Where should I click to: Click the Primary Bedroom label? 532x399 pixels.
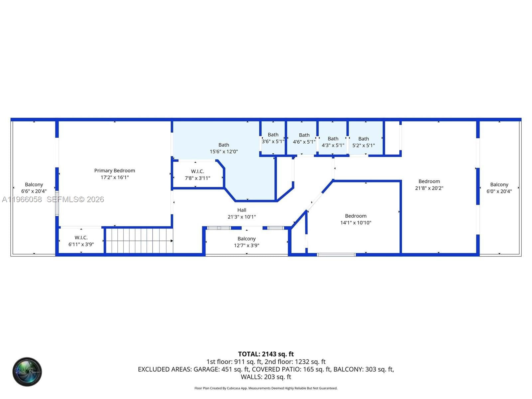coord(114,171)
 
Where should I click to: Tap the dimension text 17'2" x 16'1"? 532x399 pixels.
coord(114,178)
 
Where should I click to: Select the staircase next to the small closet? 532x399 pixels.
coord(139,241)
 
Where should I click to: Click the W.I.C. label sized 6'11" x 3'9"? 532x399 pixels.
coord(81,238)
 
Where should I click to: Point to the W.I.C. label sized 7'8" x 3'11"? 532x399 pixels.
coord(198,172)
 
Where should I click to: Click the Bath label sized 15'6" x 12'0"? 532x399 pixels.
coord(224,145)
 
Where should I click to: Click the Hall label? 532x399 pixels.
coord(242,210)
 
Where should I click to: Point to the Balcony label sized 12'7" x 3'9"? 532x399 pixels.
coord(246,239)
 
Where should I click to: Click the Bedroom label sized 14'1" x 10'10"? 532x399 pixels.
coord(355,216)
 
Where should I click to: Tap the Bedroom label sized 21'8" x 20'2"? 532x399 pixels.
coord(429,182)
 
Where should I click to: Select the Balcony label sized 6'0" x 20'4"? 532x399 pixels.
coord(499,185)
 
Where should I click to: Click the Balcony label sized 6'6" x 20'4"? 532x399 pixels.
coord(34,185)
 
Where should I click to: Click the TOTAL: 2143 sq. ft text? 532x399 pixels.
coord(266,354)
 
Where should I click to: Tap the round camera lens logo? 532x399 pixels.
coord(27,372)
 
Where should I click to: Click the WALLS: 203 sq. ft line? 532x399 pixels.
coord(266,377)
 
